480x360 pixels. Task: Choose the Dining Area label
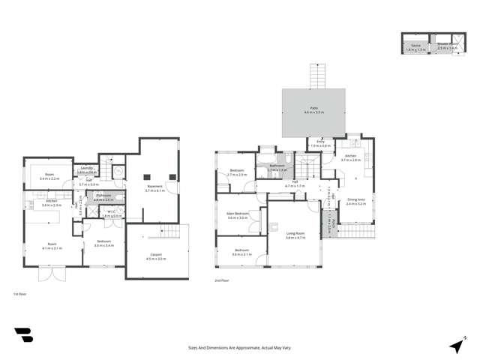coord(355,199)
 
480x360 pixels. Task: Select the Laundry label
coord(87,168)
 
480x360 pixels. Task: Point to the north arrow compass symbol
coord(455,346)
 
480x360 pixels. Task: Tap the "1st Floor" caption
coord(21,294)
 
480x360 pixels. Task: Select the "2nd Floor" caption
coord(221,280)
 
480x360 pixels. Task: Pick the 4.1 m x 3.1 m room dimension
coord(52,247)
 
